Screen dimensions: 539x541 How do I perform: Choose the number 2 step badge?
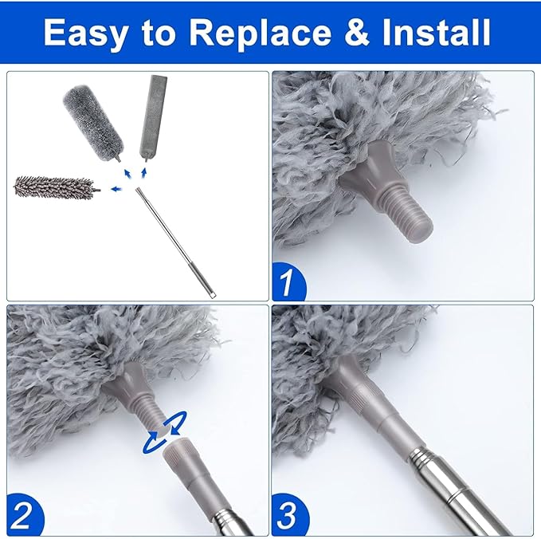coord(24,517)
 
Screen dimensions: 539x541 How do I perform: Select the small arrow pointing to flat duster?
coord(144,171)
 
